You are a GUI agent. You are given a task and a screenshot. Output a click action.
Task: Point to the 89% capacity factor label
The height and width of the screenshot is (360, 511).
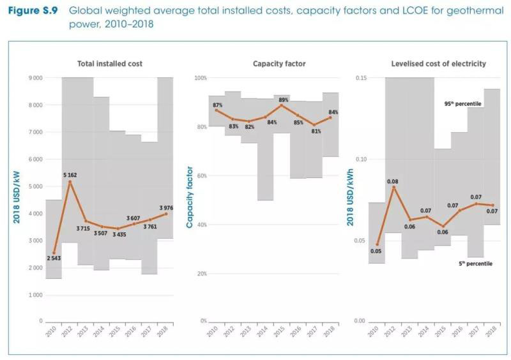pyautogui.click(x=284, y=100)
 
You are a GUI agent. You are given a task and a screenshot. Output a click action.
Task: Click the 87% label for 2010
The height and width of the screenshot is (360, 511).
pyautogui.click(x=218, y=105)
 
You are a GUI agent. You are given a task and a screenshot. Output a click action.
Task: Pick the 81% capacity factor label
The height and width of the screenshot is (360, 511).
pyautogui.click(x=314, y=131)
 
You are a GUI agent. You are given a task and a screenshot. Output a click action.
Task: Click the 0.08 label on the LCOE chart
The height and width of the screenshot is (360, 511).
pyautogui.click(x=393, y=181)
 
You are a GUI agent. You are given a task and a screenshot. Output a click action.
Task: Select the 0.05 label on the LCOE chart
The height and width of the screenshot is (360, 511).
pyautogui.click(x=377, y=251)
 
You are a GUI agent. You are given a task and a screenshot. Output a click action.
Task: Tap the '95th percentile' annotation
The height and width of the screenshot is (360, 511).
pyautogui.click(x=462, y=103)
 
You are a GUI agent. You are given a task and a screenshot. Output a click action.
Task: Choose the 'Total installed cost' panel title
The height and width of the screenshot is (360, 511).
pyautogui.click(x=110, y=64)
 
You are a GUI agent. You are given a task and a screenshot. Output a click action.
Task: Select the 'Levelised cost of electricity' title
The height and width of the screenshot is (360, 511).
pyautogui.click(x=438, y=64)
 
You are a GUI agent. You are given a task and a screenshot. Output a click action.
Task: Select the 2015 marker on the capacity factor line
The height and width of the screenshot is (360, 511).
pyautogui.click(x=282, y=105)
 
